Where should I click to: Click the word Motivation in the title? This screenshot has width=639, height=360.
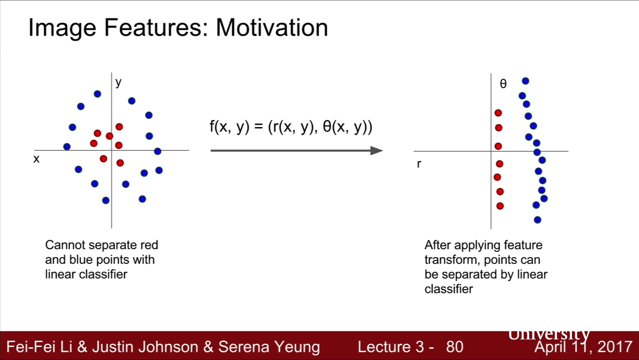click(x=272, y=28)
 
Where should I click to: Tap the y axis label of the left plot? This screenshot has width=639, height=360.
click(x=118, y=83)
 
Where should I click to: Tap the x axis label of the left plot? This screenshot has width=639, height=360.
click(x=37, y=159)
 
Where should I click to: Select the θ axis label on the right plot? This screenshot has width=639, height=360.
click(x=503, y=84)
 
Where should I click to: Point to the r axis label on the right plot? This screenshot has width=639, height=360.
click(x=419, y=164)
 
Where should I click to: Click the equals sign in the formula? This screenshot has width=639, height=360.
click(x=259, y=127)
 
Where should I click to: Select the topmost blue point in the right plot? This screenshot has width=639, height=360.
click(x=525, y=81)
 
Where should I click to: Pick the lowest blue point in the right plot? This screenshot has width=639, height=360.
click(x=537, y=220)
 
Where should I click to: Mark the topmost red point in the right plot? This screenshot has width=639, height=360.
click(x=498, y=113)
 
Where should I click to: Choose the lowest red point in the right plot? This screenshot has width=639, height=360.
click(x=500, y=206)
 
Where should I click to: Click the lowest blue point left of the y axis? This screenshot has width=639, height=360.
click(x=106, y=200)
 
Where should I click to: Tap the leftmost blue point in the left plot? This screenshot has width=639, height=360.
click(x=67, y=147)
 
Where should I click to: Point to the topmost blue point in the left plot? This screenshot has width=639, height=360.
click(x=97, y=94)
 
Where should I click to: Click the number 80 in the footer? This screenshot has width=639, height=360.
click(x=455, y=347)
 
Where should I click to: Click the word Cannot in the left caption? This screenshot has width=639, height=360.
click(x=65, y=245)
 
